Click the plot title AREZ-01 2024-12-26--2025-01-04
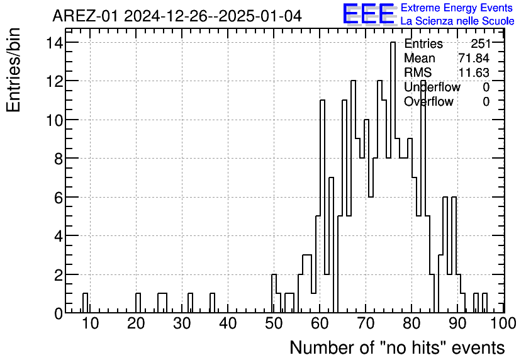[177, 16]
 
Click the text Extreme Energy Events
[456, 8]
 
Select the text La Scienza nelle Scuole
[457, 21]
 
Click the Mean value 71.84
[474, 59]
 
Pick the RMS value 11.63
[474, 72]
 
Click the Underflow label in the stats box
[432, 87]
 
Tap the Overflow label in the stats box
[428, 101]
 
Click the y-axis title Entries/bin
[14, 70]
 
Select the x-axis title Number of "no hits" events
[397, 347]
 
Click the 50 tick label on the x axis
[273, 323]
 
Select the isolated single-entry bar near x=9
[86, 303]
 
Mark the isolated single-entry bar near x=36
[213, 303]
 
